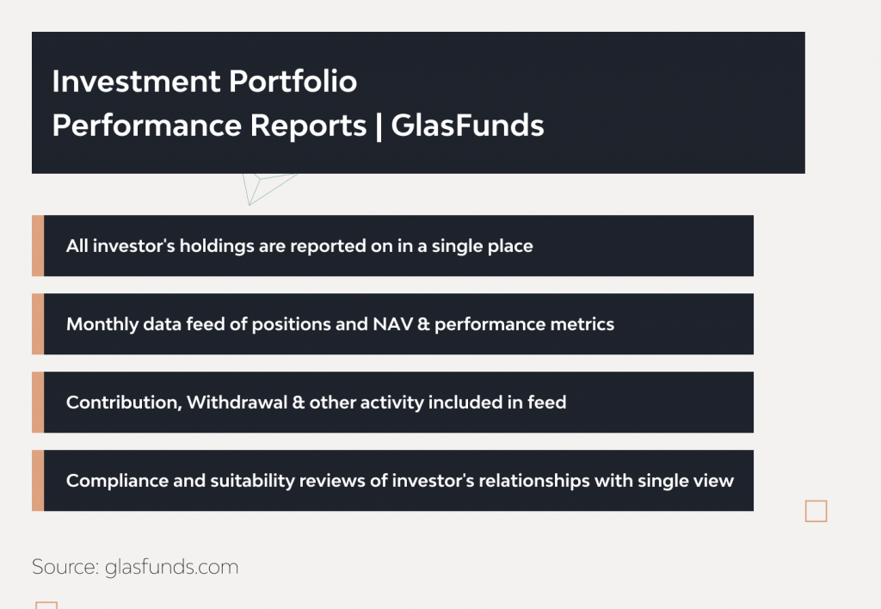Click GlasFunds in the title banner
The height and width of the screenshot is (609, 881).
tap(467, 126)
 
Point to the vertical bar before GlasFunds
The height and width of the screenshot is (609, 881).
tap(379, 126)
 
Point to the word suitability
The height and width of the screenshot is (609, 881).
tap(251, 480)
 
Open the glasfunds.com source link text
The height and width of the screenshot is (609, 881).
tap(171, 567)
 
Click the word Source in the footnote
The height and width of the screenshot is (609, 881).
tap(65, 567)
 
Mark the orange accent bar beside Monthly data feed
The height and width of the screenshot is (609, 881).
tap(38, 324)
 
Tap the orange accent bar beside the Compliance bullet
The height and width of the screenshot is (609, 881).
tap(38, 480)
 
